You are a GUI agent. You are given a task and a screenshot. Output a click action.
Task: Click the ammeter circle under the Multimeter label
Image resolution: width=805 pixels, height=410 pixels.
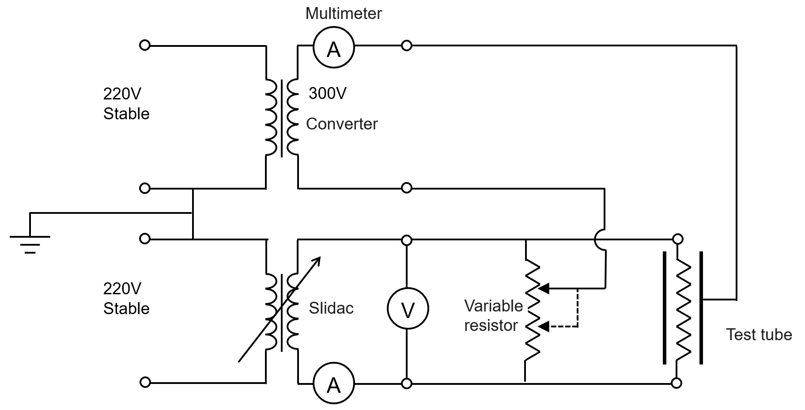pos(333,47)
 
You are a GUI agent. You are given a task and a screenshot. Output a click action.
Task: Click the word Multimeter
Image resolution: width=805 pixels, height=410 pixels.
pos(343,13)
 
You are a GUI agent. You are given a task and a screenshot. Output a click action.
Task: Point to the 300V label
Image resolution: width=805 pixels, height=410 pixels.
pos(327,93)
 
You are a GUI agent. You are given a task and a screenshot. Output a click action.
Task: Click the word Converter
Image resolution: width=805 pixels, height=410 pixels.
pos(342,124)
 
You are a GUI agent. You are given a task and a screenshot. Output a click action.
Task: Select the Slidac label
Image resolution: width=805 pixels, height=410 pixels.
pos(331,308)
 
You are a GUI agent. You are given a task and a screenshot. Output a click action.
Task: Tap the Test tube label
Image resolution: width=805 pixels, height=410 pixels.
pos(759,334)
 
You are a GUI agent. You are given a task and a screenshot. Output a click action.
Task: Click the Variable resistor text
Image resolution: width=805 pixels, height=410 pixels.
pos(493,315)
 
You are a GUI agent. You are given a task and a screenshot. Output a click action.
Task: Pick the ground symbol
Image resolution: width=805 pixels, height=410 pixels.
pos(30,243)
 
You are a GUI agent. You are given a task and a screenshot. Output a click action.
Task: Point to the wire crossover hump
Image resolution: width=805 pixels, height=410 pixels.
pos(600,239)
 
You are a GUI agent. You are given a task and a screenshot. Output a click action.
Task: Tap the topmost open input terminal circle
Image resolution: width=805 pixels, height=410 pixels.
pos(145,45)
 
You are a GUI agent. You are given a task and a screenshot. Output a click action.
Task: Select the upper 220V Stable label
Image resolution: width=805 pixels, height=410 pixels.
pos(126,104)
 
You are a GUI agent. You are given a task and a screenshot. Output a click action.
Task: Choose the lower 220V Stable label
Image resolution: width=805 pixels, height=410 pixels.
pos(126,298)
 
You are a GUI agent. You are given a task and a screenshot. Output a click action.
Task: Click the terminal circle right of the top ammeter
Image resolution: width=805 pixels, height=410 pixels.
pos(406,45)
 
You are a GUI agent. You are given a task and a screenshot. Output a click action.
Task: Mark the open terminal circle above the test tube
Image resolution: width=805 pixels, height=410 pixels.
pos(677,239)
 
